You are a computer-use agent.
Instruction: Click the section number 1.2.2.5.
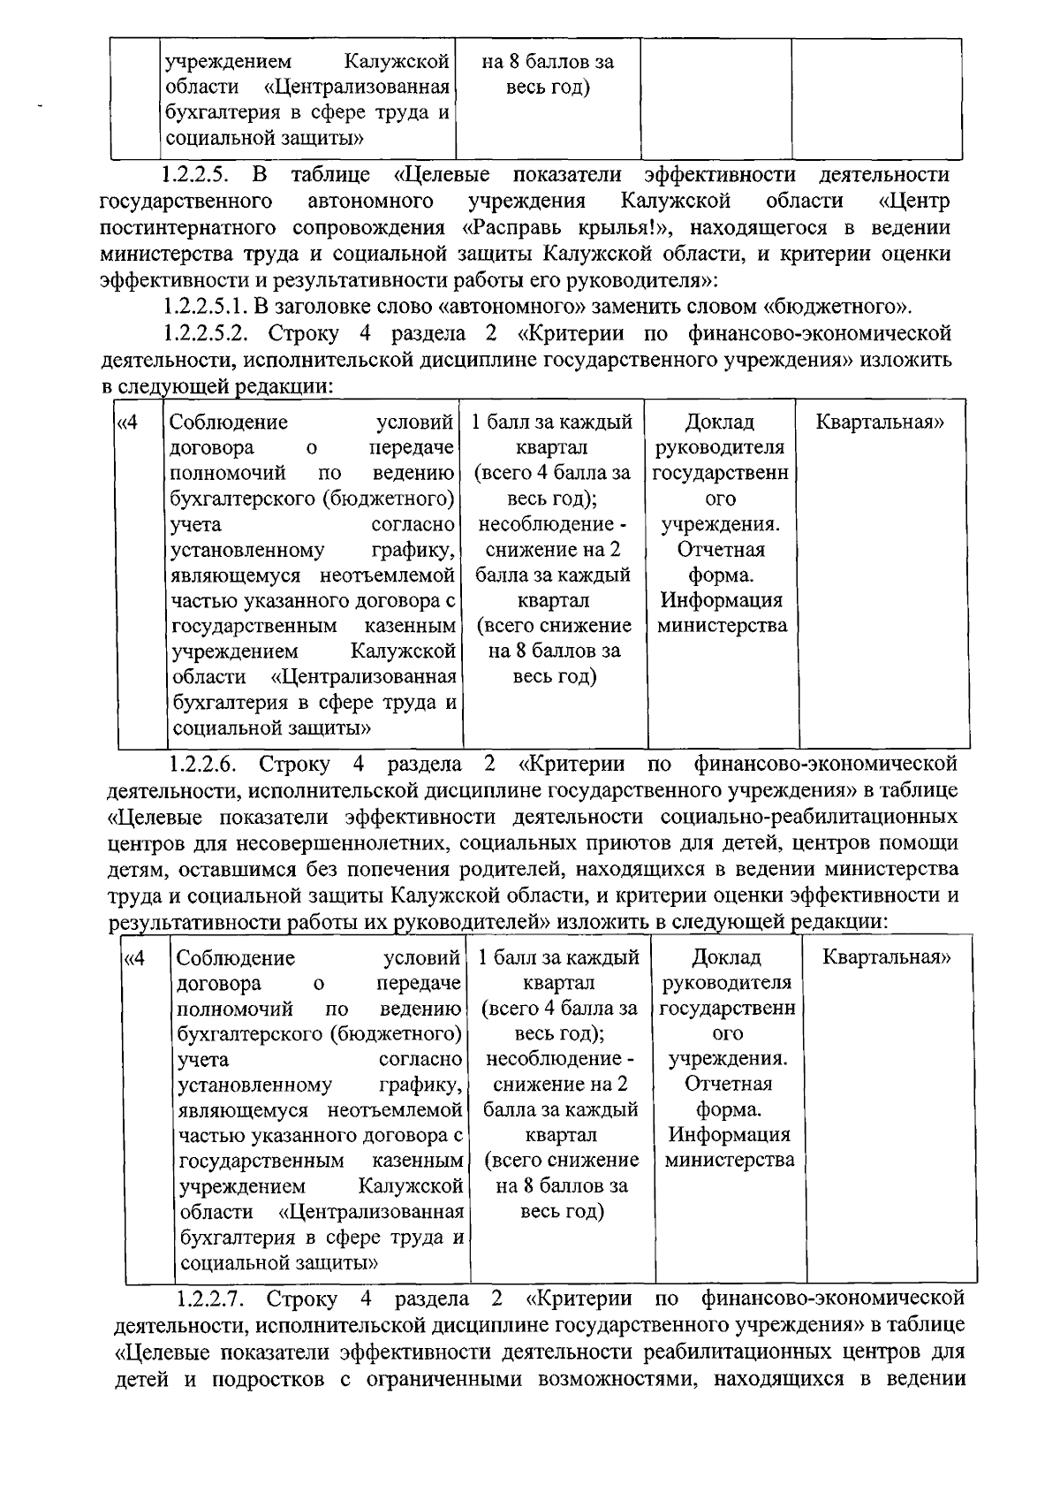pos(200,175)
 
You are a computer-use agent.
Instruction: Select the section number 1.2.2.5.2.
pos(209,334)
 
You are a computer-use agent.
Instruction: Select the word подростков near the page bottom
pos(270,1378)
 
